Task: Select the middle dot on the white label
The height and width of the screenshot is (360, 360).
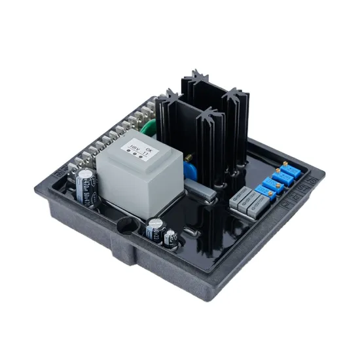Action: (x=141, y=155)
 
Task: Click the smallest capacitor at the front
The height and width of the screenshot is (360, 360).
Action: (x=171, y=237)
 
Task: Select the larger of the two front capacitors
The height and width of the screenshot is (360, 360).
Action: (x=155, y=230)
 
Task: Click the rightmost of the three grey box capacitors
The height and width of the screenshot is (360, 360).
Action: (x=261, y=208)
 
